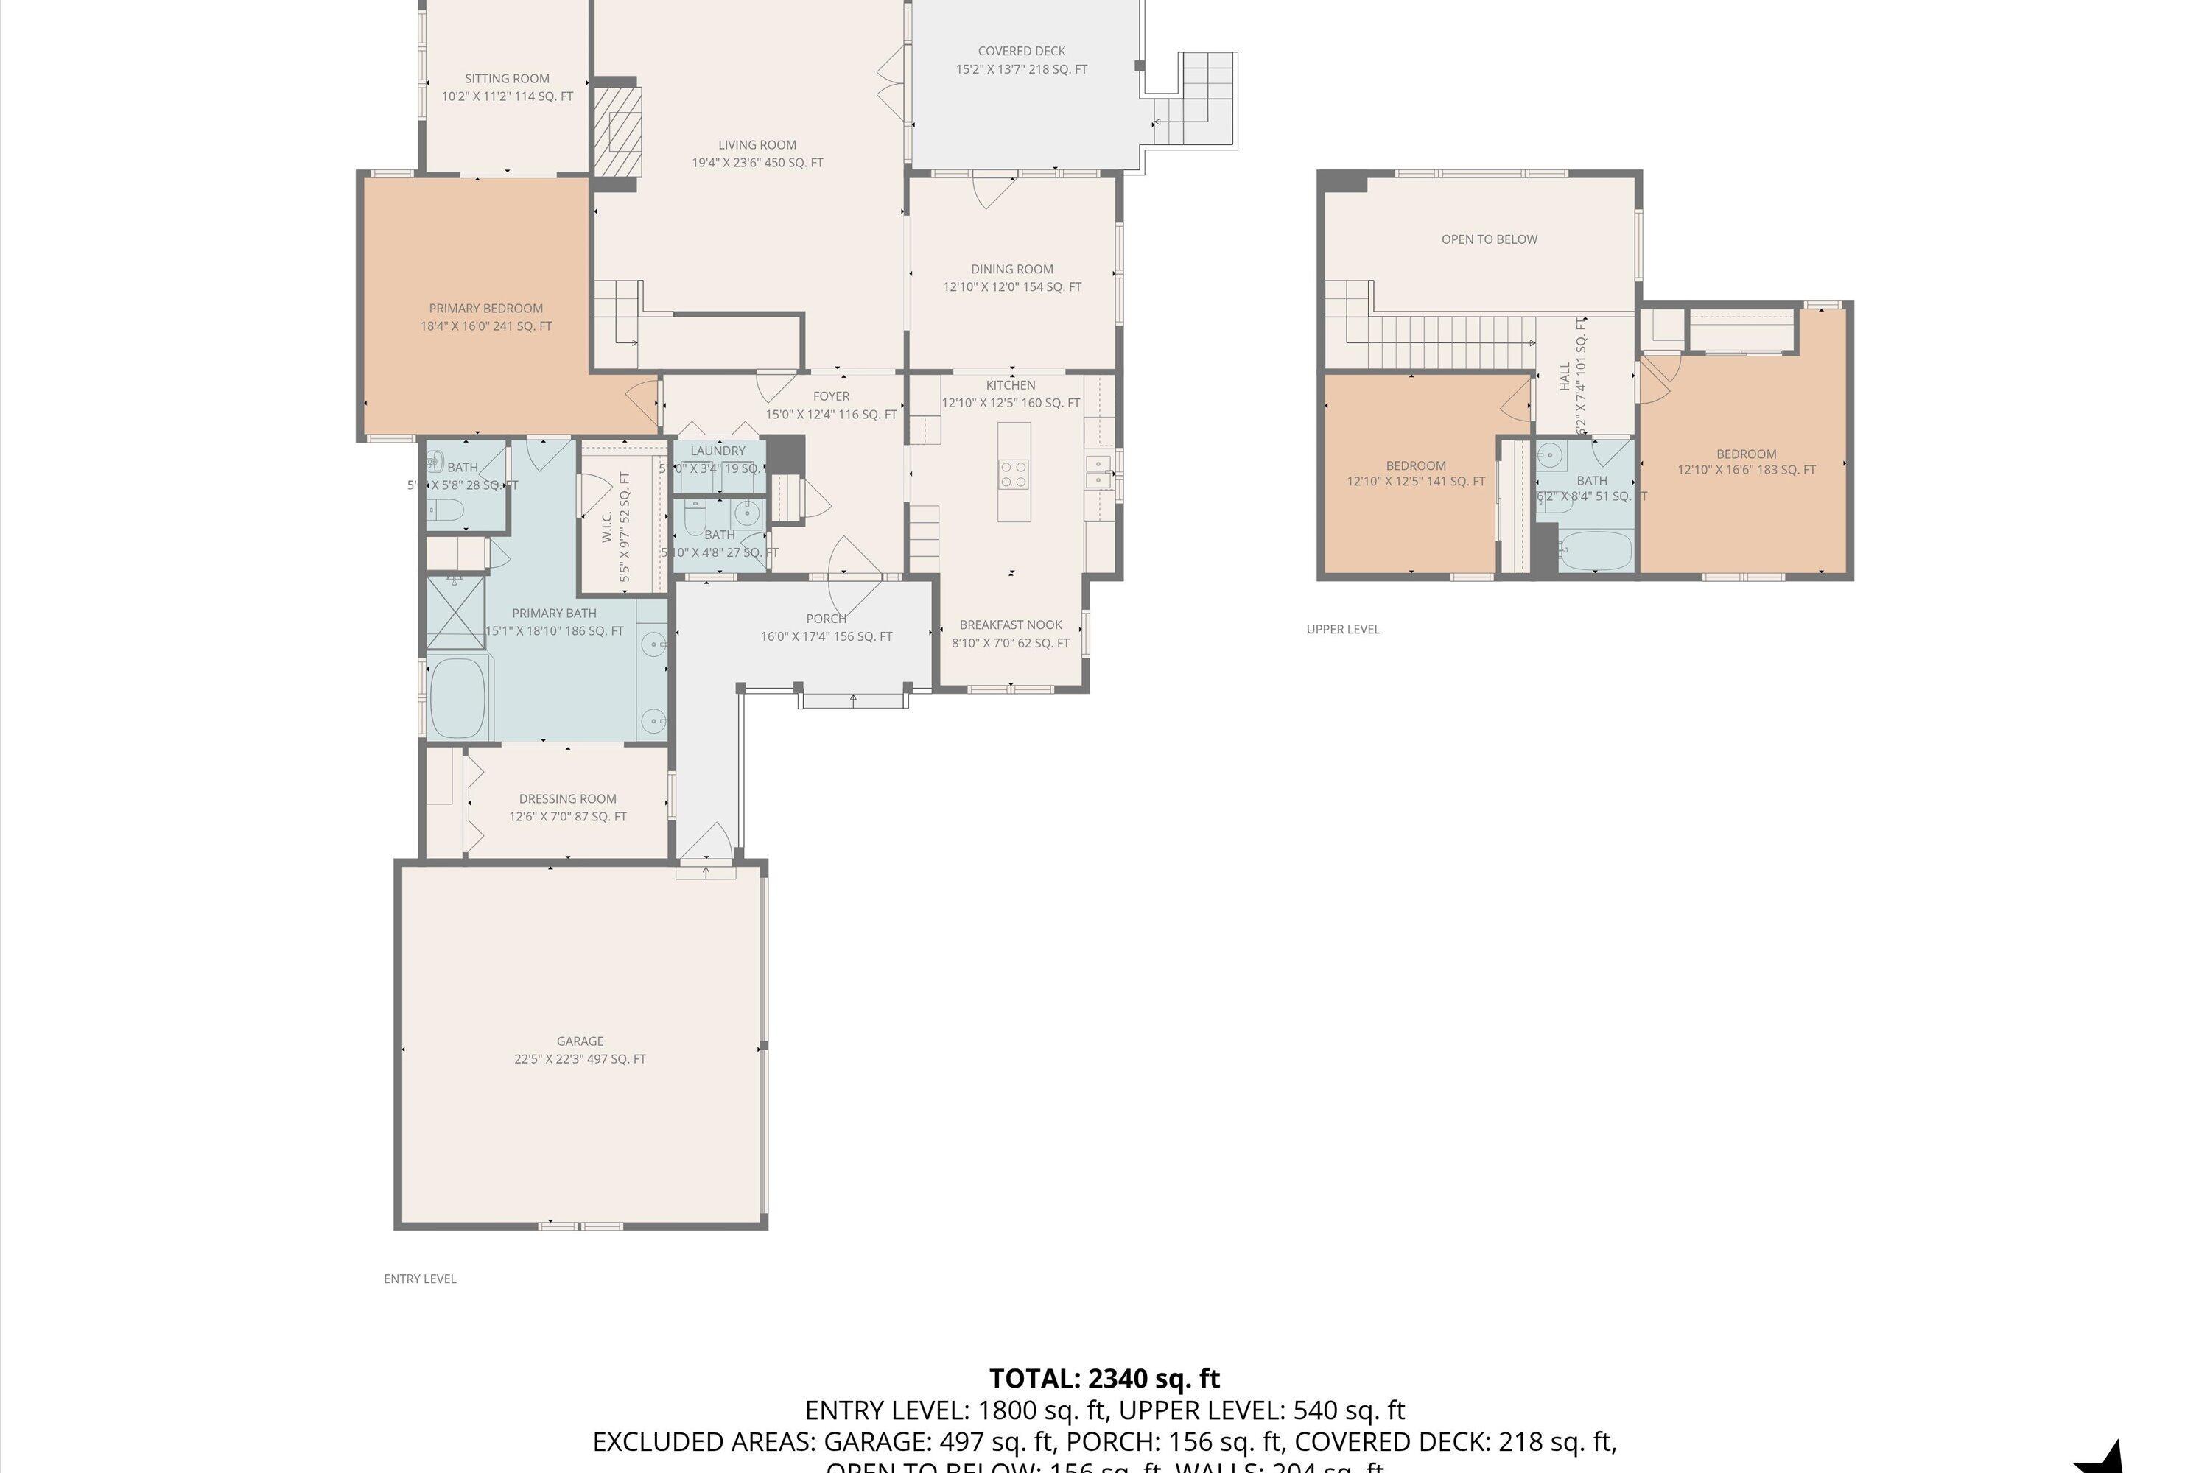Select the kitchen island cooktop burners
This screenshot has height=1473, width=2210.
tap(1014, 473)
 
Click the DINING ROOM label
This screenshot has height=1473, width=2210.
tap(1012, 270)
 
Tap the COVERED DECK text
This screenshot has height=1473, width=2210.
tap(1021, 52)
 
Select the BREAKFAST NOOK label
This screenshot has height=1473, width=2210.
tap(1010, 625)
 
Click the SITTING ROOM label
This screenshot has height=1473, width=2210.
tap(507, 79)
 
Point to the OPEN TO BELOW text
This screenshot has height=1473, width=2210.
tap(1490, 239)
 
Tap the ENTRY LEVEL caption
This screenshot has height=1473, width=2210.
tap(419, 1279)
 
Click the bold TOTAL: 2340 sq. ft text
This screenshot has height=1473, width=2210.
tap(1104, 1379)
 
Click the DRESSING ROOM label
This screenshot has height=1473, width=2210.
tap(567, 799)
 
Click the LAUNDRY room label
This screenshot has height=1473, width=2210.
tap(717, 451)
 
